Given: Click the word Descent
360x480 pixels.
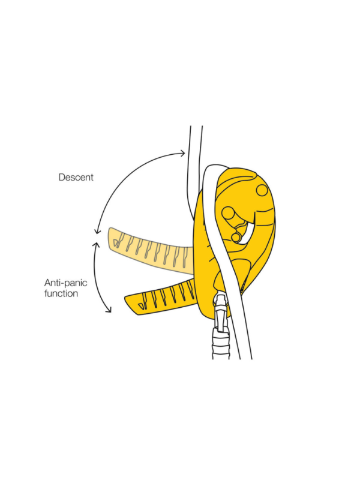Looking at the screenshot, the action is click(x=76, y=177).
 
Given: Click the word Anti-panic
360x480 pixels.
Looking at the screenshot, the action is click(x=65, y=283).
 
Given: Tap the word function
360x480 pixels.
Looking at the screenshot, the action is click(x=61, y=293).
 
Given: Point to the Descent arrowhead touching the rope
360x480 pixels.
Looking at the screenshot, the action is click(x=182, y=153).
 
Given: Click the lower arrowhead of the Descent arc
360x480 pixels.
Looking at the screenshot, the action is click(x=97, y=230).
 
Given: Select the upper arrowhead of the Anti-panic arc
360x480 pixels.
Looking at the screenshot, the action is click(x=97, y=245).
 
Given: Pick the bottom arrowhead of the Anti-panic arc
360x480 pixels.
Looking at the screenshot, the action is click(x=109, y=310).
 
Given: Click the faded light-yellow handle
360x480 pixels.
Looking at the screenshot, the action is click(x=150, y=250).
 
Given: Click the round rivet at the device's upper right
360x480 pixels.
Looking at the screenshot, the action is click(x=262, y=190).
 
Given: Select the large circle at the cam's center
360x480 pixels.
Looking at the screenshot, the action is click(x=228, y=213).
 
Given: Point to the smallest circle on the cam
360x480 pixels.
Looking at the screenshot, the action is click(x=236, y=238).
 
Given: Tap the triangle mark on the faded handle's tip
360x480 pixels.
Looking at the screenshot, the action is click(x=115, y=243).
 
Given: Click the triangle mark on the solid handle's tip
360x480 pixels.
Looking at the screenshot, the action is click(x=141, y=307).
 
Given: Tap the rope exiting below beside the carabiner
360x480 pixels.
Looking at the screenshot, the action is click(x=242, y=331).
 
